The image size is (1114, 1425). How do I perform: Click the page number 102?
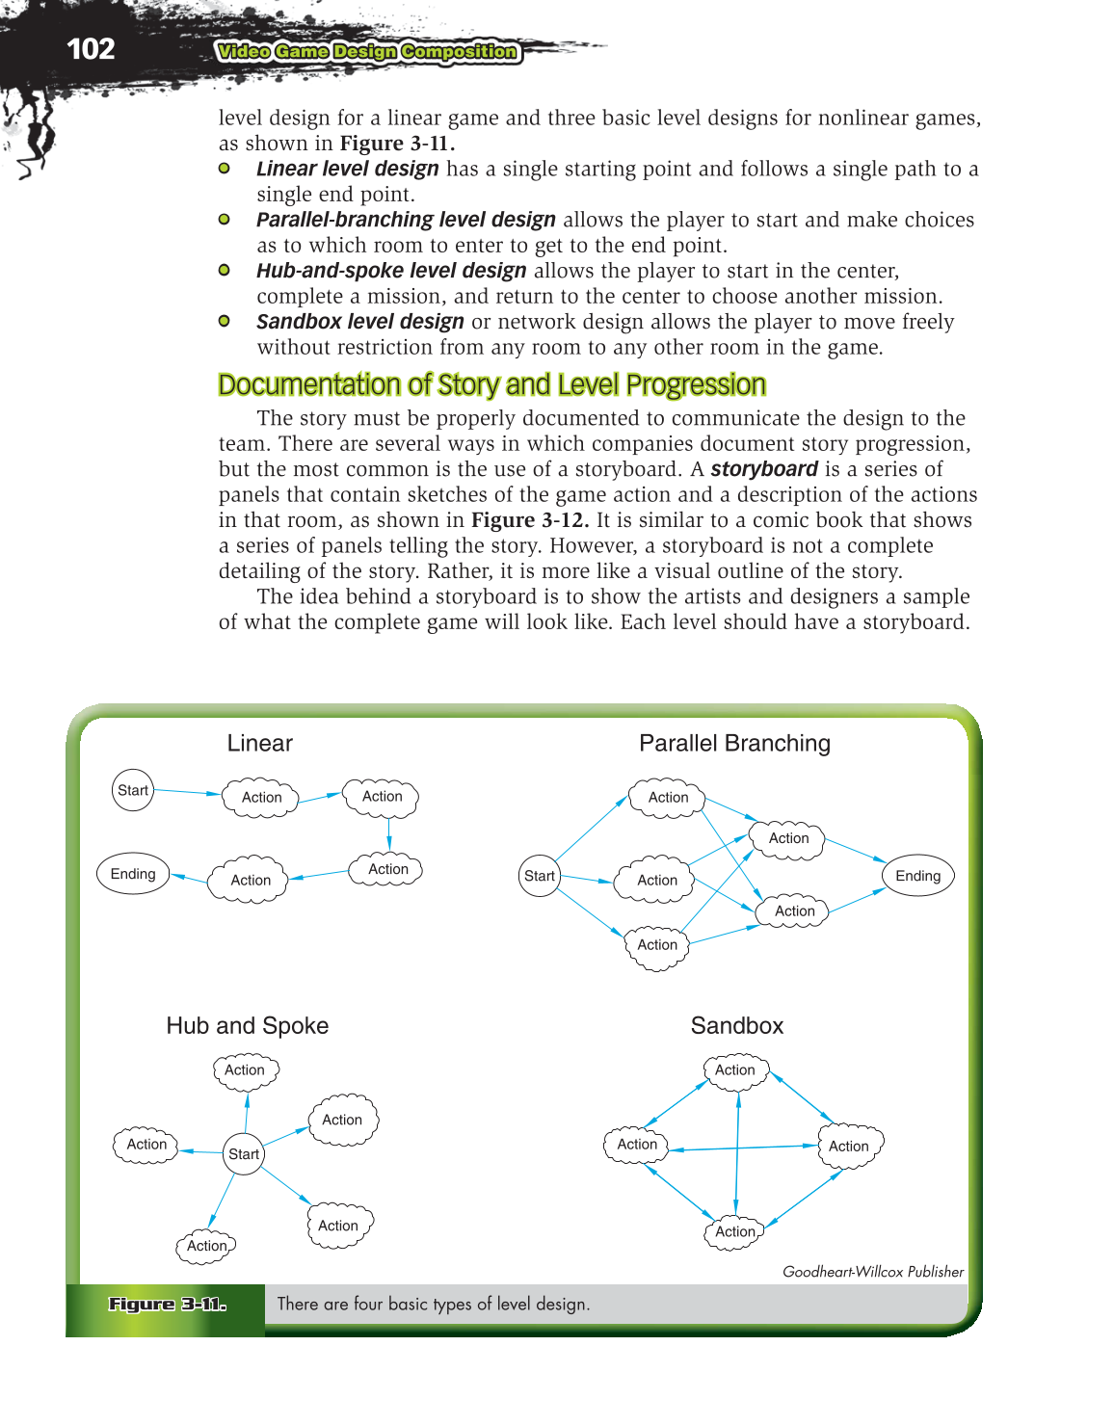(91, 49)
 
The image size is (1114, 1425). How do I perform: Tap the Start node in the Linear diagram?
(133, 790)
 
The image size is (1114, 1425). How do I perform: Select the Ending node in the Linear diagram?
(133, 874)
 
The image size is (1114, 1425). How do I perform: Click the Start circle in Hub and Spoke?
(244, 1153)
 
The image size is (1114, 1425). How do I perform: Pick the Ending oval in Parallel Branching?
(917, 876)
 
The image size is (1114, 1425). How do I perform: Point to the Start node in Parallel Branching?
(540, 876)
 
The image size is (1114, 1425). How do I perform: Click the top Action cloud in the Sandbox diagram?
(735, 1070)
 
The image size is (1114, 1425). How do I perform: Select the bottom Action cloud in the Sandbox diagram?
(735, 1231)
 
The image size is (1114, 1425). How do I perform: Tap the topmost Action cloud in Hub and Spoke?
(245, 1070)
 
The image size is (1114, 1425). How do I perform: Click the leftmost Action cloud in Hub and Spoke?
(146, 1145)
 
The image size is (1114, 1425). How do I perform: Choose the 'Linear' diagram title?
(259, 743)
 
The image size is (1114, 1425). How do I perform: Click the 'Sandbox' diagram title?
(737, 1025)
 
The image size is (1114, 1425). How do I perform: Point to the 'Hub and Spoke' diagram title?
(248, 1025)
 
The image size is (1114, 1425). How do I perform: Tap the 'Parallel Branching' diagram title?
(734, 743)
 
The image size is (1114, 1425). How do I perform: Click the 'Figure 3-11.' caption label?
(167, 1305)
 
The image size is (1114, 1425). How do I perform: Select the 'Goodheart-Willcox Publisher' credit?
(873, 1272)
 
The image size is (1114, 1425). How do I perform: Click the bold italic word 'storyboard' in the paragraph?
(764, 469)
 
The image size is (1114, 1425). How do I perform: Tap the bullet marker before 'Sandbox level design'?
(225, 321)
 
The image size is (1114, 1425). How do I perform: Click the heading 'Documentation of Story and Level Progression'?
(491, 384)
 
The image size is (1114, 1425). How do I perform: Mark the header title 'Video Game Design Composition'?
(367, 52)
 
